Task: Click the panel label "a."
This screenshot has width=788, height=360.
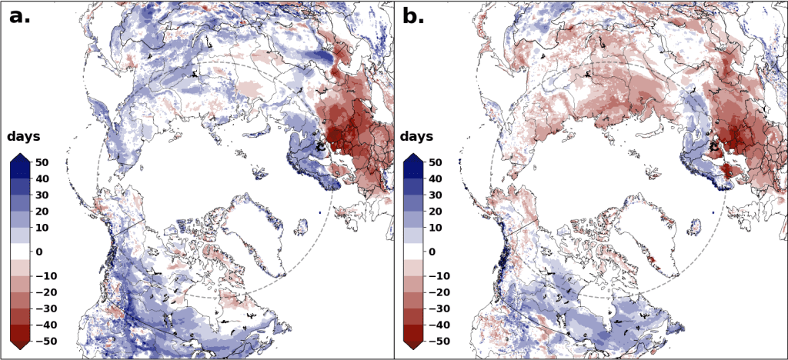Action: (20, 15)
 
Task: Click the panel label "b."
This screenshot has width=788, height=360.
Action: (414, 15)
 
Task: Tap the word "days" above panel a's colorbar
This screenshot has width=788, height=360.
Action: (24, 137)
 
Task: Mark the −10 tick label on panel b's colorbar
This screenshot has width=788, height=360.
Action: (439, 275)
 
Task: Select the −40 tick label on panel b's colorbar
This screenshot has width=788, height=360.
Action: (439, 325)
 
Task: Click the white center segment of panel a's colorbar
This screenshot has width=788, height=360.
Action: (21, 252)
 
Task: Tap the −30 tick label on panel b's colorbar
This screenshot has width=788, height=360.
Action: (439, 308)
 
